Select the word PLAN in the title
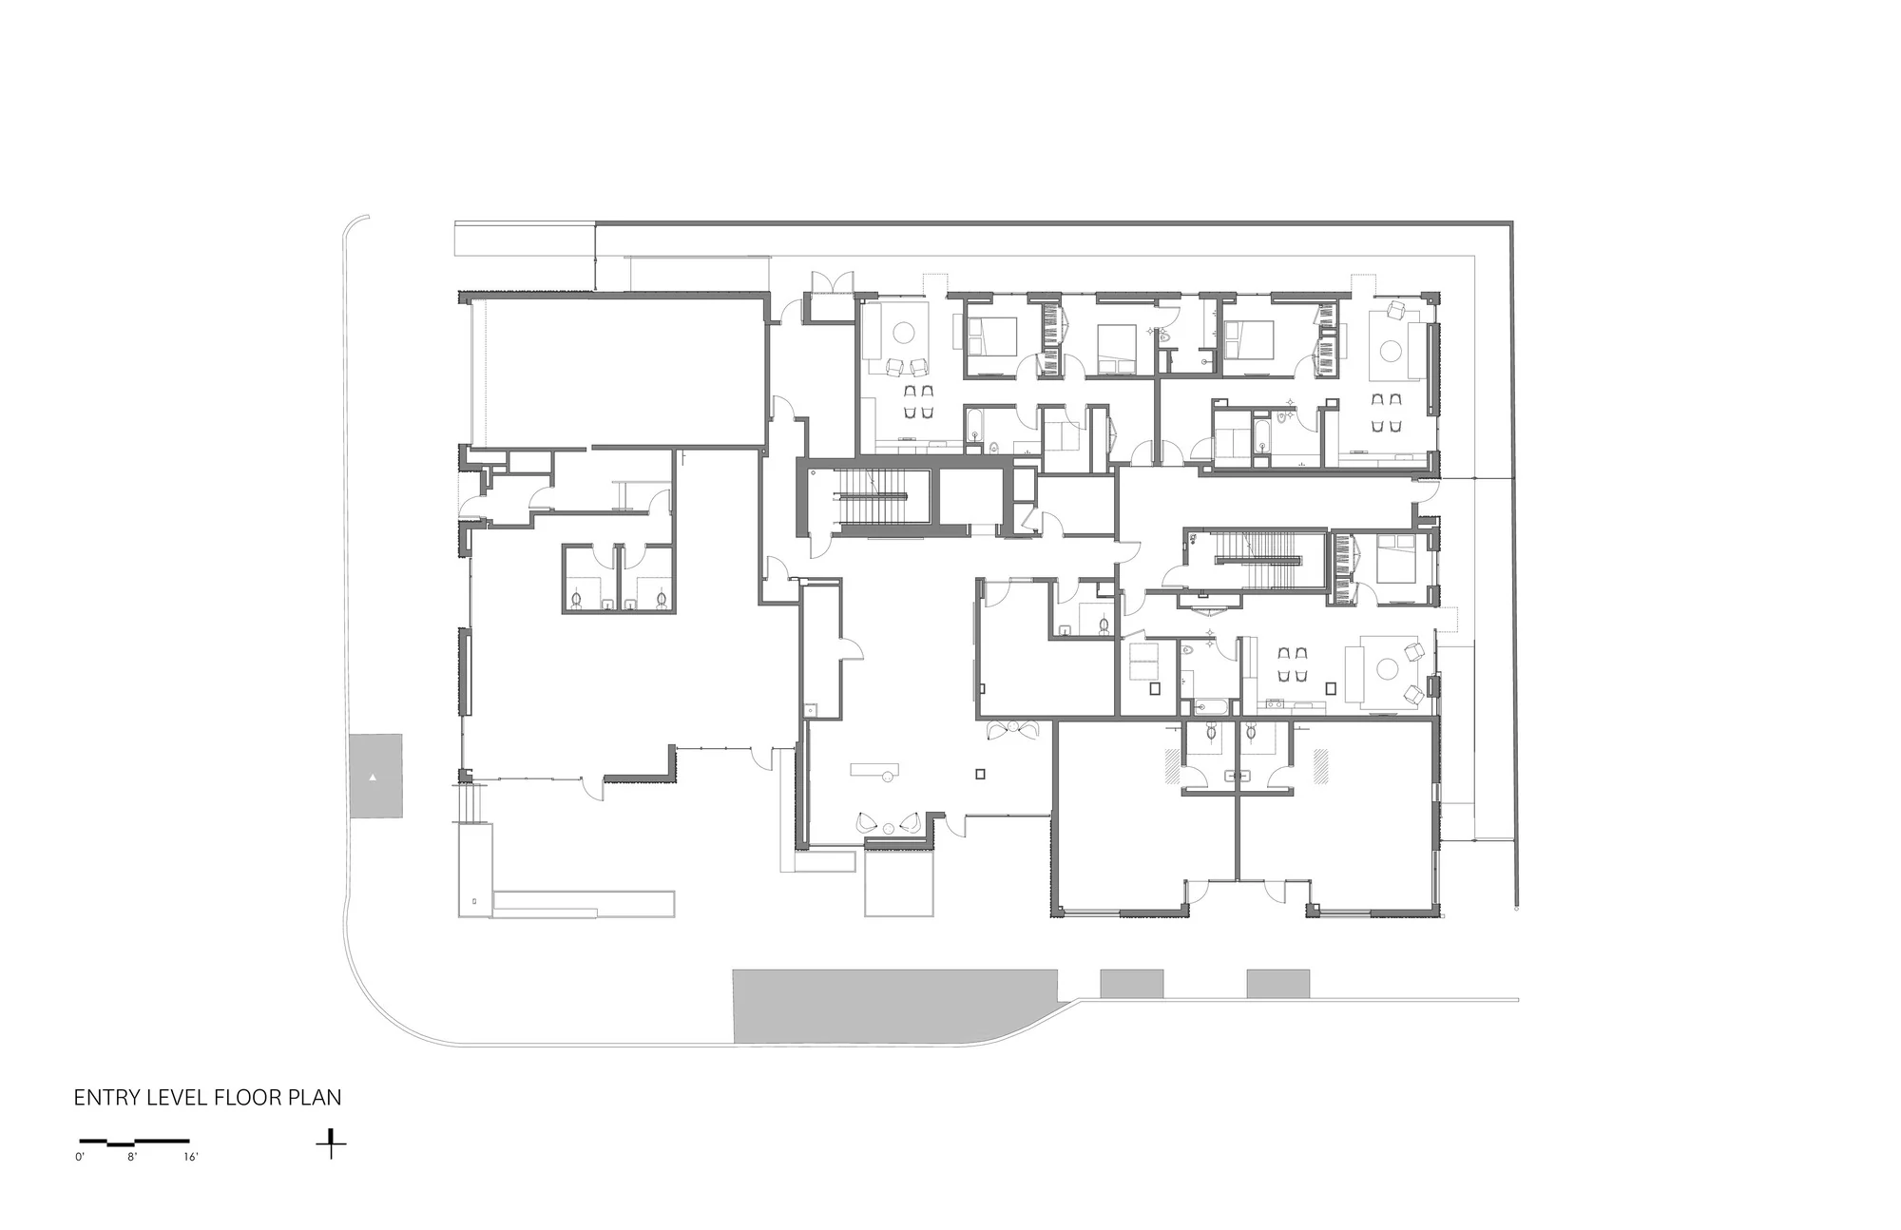click(x=317, y=1098)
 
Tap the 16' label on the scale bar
click(x=191, y=1157)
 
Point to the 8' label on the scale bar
click(x=133, y=1157)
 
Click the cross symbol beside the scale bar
click(x=331, y=1144)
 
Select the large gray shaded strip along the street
click(x=893, y=1007)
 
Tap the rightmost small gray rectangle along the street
click(x=1278, y=984)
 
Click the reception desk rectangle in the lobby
click(x=875, y=767)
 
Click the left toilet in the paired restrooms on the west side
click(x=578, y=600)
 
